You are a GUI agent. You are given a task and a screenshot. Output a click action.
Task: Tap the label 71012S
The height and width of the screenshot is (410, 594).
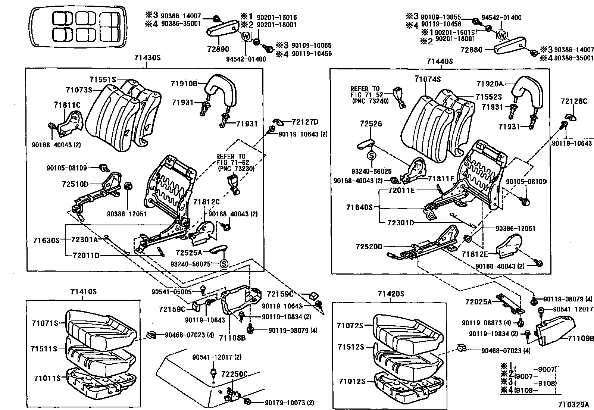click(351, 381)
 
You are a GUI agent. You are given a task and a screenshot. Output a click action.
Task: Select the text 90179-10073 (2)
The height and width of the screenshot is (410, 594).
click(290, 403)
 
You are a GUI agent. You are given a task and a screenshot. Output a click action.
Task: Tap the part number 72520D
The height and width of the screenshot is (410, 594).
click(369, 247)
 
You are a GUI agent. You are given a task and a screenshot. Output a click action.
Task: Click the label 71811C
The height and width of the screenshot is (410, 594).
click(67, 105)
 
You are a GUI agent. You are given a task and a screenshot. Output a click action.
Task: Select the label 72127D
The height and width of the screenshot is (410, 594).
click(305, 122)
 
